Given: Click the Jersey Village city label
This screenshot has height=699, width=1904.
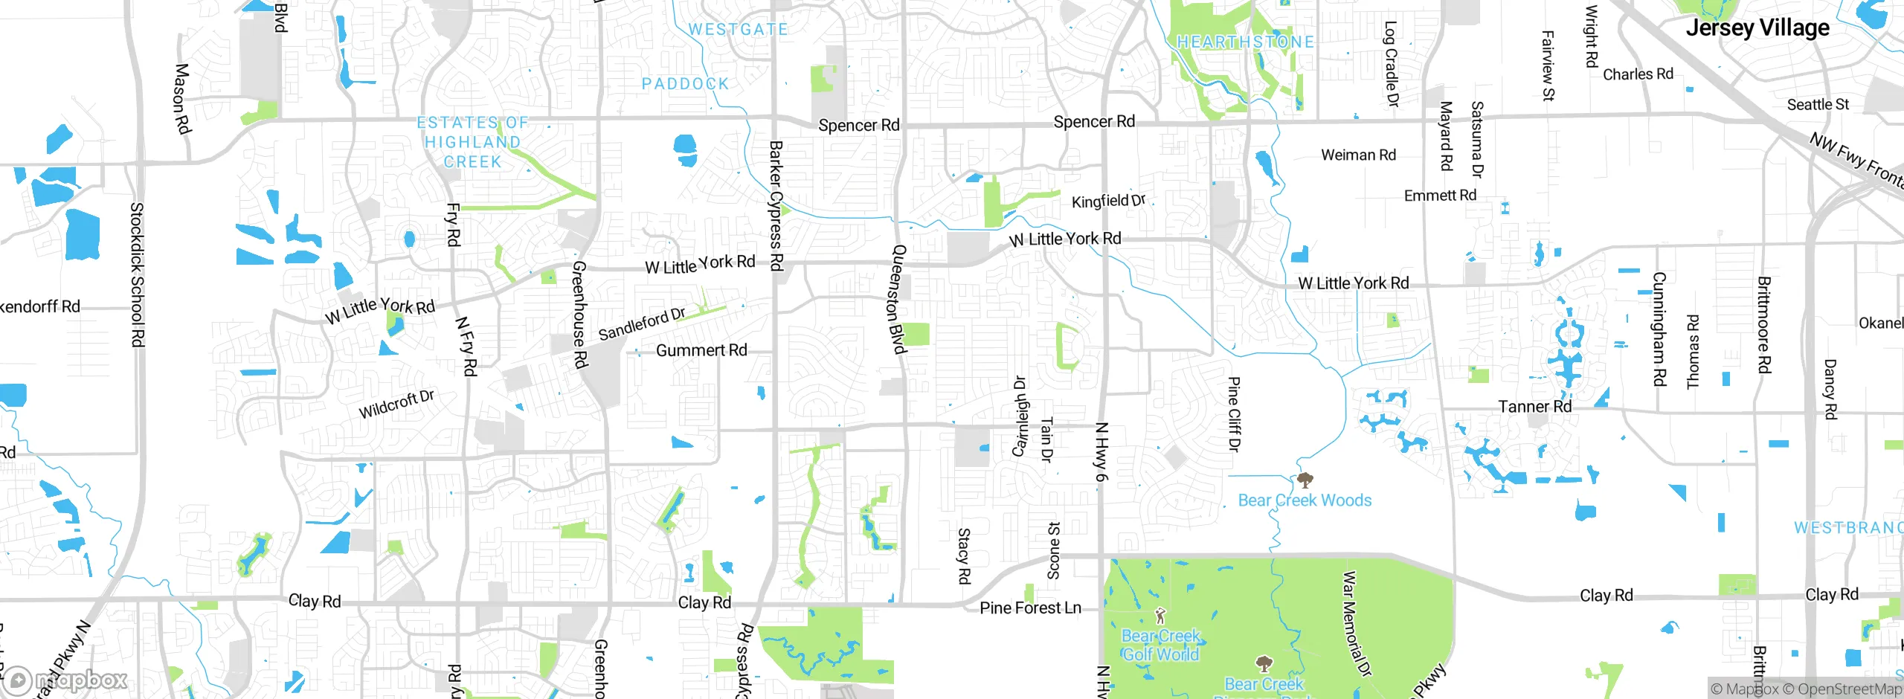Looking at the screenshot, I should point(1757,28).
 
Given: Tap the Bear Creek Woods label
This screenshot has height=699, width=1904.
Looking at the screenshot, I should point(1305,500).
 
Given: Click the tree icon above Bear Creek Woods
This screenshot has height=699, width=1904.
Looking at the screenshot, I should point(1305,480).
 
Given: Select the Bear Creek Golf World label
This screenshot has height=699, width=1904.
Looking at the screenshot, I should point(1160,645).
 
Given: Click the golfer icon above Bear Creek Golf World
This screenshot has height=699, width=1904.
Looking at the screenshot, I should point(1160,616).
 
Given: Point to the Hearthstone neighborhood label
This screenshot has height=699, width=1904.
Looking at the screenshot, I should point(1245,42).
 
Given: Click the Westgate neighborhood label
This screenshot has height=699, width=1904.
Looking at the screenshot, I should point(738,30).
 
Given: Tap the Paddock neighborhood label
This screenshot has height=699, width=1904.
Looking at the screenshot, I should point(685,84).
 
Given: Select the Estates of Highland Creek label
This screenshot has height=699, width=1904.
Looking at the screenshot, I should point(472,142).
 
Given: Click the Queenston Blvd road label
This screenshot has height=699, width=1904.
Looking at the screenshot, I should point(898,300).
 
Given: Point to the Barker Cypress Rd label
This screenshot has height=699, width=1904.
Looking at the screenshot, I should point(776,206).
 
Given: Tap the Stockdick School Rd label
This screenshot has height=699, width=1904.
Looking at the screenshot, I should point(138,274).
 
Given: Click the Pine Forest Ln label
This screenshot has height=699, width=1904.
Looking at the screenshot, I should point(1030,608).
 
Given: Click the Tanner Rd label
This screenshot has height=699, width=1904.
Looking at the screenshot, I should point(1534,407).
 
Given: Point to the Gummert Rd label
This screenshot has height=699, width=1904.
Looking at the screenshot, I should point(701,350).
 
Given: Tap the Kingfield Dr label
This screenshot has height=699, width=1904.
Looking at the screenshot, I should point(1108,201).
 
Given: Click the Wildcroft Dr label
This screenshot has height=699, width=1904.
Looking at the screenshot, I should point(396,404).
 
